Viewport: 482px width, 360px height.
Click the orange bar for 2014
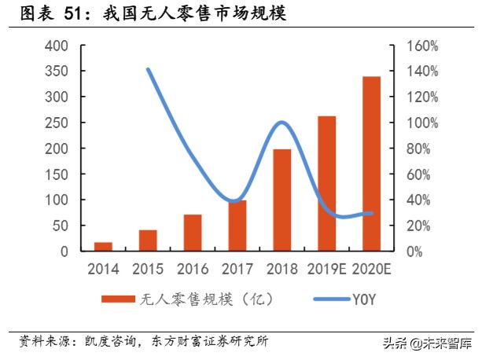(x=103, y=247)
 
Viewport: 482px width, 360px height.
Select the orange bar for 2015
(x=148, y=241)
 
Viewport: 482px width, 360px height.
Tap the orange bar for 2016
(x=193, y=233)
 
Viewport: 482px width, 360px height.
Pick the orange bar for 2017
(x=237, y=226)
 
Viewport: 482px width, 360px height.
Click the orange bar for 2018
(x=282, y=200)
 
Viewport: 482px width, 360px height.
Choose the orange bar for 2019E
(x=326, y=183)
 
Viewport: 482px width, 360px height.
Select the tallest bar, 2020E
(x=371, y=163)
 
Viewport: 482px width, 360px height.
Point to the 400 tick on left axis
(x=57, y=46)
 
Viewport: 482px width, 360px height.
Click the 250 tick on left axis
(x=57, y=123)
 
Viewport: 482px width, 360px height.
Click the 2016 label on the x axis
(x=193, y=269)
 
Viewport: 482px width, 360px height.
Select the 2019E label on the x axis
(x=326, y=269)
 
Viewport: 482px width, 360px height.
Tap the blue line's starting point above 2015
(x=148, y=69)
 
